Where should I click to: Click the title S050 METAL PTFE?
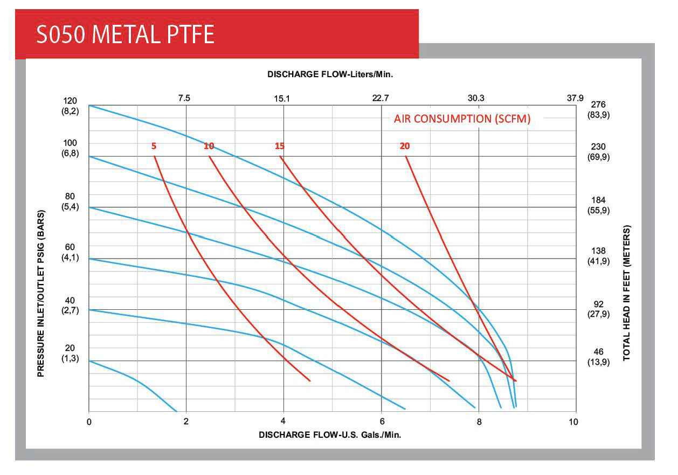click(125, 34)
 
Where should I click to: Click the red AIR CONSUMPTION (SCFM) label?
click(462, 119)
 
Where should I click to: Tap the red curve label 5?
click(154, 146)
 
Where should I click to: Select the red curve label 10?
click(209, 146)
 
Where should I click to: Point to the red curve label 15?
click(279, 146)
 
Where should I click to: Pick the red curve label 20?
click(405, 146)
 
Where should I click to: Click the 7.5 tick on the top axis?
click(184, 98)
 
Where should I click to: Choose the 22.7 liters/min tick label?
click(380, 98)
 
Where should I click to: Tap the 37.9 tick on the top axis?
click(575, 98)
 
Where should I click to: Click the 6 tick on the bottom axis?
click(382, 422)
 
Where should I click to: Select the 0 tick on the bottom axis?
click(89, 422)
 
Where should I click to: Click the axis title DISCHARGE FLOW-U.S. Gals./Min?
click(330, 434)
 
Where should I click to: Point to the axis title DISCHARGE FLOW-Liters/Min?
click(330, 74)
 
